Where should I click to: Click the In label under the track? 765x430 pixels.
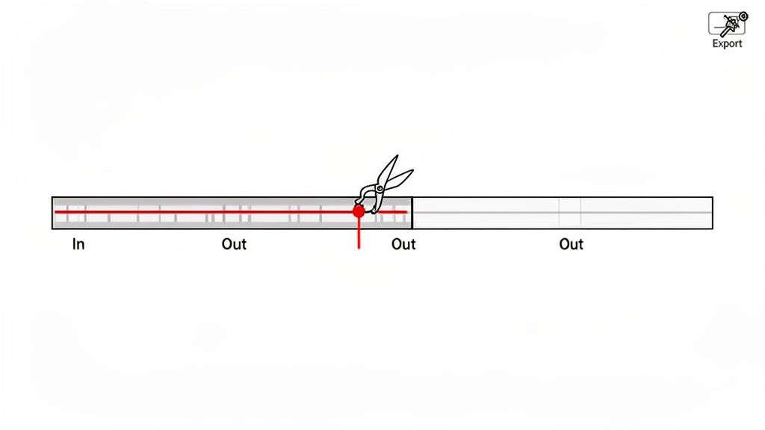pyautogui.click(x=78, y=244)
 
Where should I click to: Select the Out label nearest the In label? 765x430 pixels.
pyautogui.click(x=234, y=244)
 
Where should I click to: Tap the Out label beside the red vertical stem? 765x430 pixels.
pyautogui.click(x=403, y=244)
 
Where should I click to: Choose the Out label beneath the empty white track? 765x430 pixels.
pyautogui.click(x=572, y=244)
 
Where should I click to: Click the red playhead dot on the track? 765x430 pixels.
pyautogui.click(x=359, y=211)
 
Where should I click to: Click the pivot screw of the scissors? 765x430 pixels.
pyautogui.click(x=380, y=189)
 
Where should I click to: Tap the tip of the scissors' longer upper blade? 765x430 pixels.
pyautogui.click(x=397, y=155)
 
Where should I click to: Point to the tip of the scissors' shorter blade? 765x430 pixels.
pyautogui.click(x=412, y=171)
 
